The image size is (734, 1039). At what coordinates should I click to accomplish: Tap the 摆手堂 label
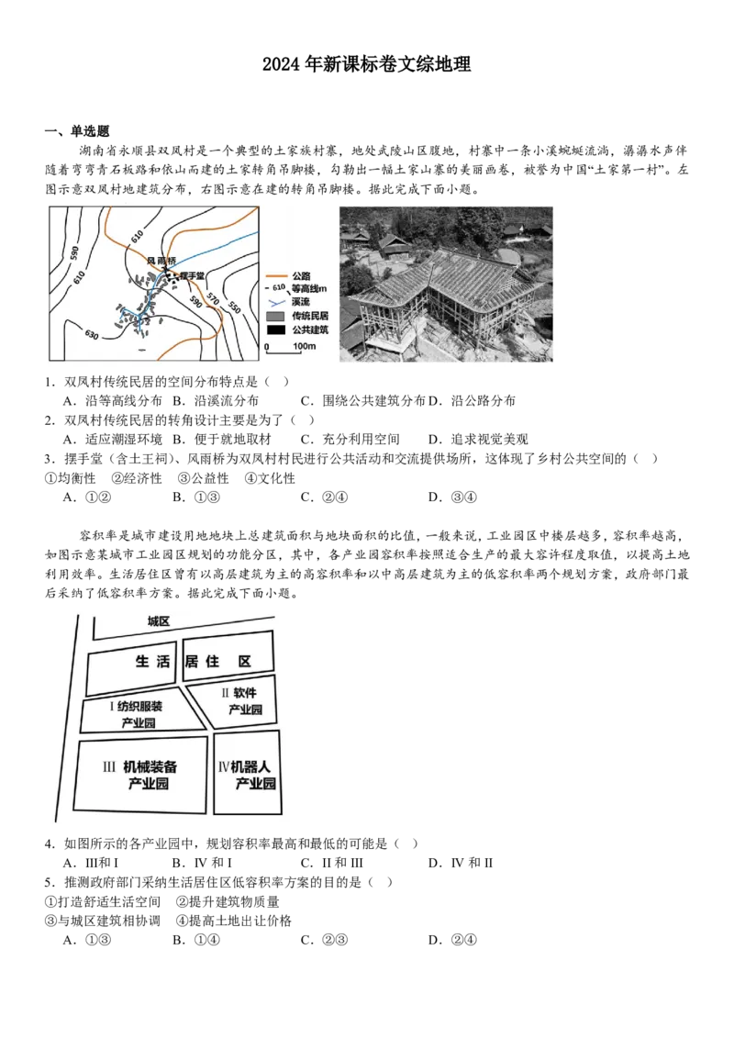point(192,274)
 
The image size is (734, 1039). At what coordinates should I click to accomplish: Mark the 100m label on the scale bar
point(304,347)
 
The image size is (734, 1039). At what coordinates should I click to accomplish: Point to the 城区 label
point(160,621)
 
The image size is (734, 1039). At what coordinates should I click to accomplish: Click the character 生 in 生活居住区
point(142,661)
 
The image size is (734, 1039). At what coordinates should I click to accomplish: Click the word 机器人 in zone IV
point(252,765)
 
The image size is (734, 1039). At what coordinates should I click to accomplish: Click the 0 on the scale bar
point(266,348)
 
